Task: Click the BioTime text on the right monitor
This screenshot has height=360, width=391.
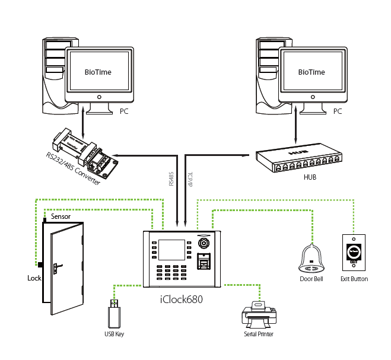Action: point(311,72)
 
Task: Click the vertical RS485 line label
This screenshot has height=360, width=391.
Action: point(171,176)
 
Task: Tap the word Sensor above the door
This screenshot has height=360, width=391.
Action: point(61,217)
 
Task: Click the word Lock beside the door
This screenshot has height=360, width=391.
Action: point(34,278)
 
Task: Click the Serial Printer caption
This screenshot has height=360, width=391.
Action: point(258,334)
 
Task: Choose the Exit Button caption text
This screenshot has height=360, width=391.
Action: point(355,279)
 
